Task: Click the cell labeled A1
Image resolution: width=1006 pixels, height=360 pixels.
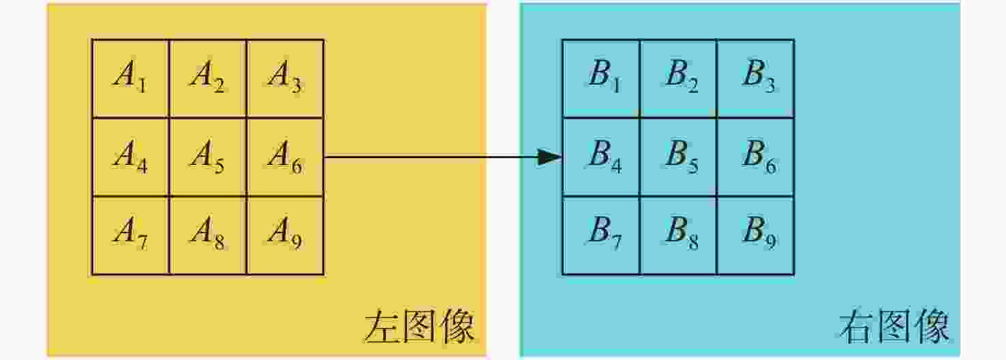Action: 131,78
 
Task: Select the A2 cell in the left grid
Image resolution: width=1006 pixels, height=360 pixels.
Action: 208,78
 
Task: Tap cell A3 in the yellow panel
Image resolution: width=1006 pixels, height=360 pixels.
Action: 285,78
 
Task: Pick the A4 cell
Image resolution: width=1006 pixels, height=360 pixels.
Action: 131,157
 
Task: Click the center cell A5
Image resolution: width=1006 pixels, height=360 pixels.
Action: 208,157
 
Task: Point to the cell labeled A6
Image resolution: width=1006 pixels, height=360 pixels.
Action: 285,157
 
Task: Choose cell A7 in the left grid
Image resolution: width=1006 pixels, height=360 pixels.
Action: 131,235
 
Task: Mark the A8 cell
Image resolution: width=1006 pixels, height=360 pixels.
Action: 208,235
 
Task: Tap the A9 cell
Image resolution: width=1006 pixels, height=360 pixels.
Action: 285,235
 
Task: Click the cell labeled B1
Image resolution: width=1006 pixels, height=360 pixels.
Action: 601,78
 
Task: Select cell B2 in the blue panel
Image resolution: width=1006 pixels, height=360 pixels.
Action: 679,78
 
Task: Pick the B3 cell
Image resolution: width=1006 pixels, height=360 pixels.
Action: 756,78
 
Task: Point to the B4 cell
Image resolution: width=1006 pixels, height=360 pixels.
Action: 601,157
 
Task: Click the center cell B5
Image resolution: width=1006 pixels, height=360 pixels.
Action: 679,157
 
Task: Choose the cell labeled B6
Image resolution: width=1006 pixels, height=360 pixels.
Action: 756,157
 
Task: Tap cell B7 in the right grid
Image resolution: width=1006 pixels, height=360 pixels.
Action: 601,235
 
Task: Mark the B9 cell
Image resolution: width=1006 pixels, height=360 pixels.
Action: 756,235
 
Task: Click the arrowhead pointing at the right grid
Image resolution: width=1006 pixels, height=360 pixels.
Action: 550,157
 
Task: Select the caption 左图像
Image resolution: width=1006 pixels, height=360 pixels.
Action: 419,327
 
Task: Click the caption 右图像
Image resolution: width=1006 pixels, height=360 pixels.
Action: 894,327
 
